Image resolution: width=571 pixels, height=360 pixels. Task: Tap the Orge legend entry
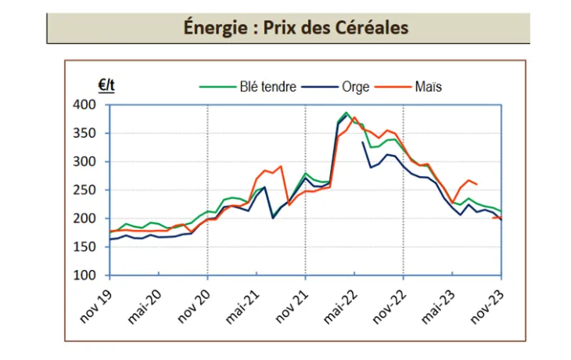(356, 87)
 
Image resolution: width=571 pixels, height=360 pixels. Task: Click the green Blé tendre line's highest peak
(347, 113)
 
